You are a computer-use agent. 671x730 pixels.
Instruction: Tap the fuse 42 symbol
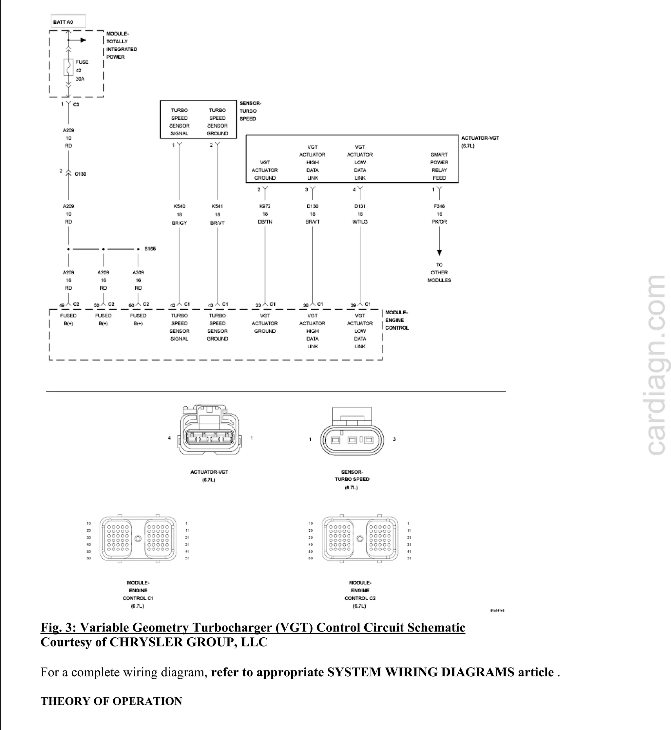(68, 67)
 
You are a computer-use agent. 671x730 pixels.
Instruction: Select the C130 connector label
(80, 174)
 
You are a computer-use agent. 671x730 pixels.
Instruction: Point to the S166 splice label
(150, 249)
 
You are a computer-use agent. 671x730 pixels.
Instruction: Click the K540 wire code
(179, 207)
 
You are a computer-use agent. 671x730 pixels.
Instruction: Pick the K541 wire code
(217, 207)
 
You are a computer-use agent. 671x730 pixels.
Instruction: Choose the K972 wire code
(265, 206)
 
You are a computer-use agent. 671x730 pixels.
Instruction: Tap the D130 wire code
(312, 206)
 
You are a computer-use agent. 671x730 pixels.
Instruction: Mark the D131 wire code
(360, 206)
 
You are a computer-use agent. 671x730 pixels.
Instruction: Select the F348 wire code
(439, 206)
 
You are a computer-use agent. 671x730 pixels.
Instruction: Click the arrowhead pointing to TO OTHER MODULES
(439, 252)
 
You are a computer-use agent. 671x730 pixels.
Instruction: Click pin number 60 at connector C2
(131, 305)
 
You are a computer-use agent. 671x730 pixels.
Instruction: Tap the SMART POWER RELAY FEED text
(439, 166)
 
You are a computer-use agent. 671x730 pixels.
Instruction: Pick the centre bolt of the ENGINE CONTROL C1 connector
(138, 539)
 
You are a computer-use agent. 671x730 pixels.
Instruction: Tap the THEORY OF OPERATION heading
(111, 701)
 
